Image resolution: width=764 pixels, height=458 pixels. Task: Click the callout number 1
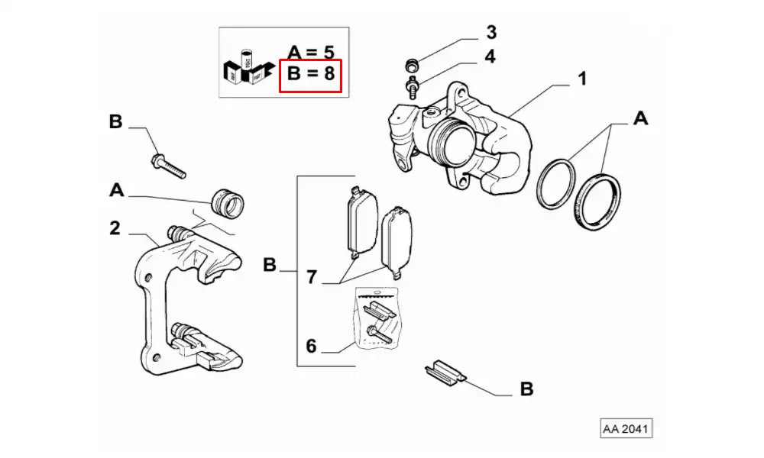(582, 79)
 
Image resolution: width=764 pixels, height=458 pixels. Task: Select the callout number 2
(115, 227)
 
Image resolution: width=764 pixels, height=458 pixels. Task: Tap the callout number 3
(491, 33)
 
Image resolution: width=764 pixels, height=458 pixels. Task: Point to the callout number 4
(489, 56)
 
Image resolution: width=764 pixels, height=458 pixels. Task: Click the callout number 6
(311, 346)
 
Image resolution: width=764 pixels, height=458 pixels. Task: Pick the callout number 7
(311, 277)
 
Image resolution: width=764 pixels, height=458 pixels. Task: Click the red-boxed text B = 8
(310, 76)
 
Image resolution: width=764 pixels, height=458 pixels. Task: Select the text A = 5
(310, 53)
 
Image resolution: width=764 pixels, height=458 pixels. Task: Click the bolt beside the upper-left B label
(169, 165)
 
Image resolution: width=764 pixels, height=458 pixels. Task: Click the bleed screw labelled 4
(413, 85)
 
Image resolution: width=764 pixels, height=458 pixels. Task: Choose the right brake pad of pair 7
(397, 238)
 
